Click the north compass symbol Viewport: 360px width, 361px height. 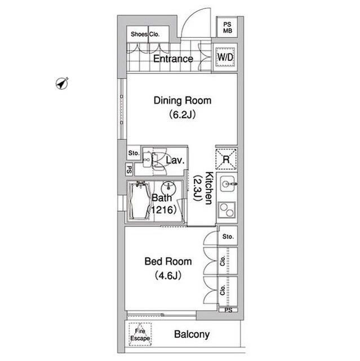point(62,83)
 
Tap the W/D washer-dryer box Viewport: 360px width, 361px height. point(225,57)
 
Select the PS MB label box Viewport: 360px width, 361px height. point(227,28)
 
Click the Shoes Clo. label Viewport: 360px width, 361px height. point(145,34)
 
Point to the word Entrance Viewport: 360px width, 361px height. point(173,59)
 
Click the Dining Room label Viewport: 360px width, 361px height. point(183,100)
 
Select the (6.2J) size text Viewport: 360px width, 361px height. point(183,115)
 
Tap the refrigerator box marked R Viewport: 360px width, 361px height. point(226,159)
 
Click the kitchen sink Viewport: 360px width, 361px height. point(228,184)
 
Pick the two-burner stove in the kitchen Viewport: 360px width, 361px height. point(226,210)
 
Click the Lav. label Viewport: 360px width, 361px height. point(175,160)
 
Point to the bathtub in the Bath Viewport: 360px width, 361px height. point(140,201)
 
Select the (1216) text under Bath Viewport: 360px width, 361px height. point(162,210)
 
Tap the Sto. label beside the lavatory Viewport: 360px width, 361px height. point(134,153)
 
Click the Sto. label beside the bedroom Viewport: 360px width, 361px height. point(228,236)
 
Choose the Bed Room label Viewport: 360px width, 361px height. point(168,262)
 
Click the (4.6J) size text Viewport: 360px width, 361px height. point(168,275)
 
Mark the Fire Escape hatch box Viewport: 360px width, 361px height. point(140,334)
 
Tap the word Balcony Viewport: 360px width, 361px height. point(192,334)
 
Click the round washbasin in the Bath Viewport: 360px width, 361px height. point(168,188)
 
